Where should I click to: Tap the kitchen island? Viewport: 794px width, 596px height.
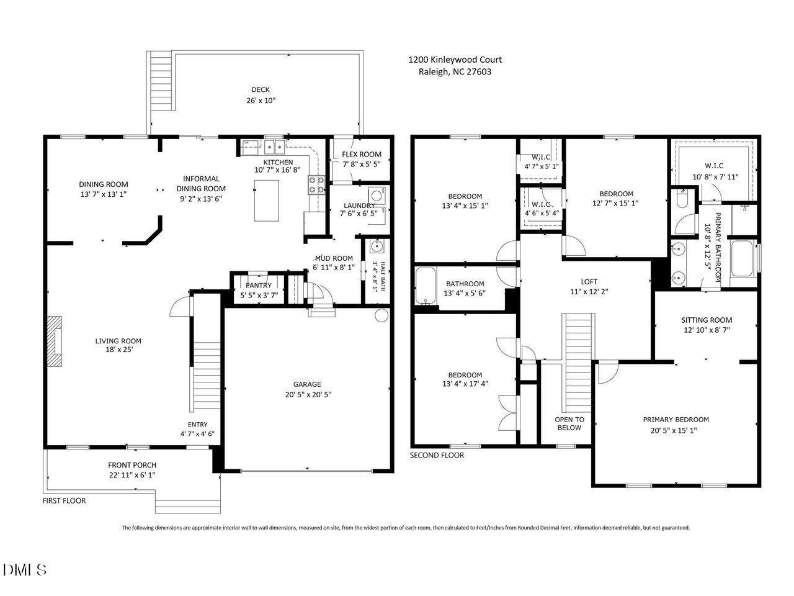click(266, 200)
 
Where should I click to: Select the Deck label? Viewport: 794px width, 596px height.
click(261, 89)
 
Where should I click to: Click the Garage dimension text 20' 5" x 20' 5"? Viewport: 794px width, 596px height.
click(307, 394)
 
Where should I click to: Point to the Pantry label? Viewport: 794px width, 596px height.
click(259, 286)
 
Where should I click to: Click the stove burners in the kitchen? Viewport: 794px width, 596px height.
click(316, 184)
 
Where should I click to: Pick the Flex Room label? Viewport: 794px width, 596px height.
click(362, 155)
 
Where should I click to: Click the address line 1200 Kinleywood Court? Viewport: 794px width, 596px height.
click(455, 60)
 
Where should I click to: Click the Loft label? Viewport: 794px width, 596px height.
click(589, 282)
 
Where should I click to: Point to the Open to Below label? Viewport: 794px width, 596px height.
click(569, 423)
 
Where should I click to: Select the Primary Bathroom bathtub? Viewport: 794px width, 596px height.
click(743, 260)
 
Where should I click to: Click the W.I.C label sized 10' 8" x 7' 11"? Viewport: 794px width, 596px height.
click(714, 166)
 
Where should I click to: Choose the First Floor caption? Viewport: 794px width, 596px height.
click(64, 500)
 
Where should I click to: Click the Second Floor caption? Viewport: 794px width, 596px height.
click(437, 455)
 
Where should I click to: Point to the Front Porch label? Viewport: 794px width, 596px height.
click(132, 465)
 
